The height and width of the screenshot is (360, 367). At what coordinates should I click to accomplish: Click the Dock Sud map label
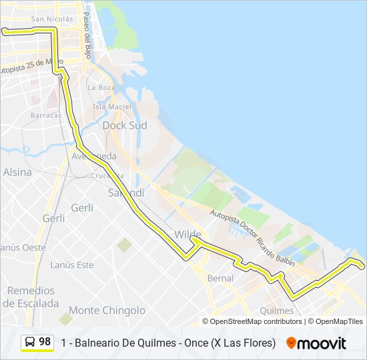(x=124, y=125)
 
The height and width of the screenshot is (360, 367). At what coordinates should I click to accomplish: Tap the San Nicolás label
(x=52, y=19)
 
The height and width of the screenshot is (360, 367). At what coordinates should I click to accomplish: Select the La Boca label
(x=101, y=87)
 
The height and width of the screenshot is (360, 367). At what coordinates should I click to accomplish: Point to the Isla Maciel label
(x=111, y=107)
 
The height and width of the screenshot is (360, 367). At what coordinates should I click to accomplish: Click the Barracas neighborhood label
(x=45, y=115)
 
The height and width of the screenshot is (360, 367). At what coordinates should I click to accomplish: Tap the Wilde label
(x=188, y=235)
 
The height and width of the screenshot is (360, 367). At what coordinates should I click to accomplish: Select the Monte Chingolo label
(x=107, y=310)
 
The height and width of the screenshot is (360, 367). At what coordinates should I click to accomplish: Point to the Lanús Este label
(x=72, y=265)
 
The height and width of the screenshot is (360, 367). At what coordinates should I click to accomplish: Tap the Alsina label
(x=17, y=172)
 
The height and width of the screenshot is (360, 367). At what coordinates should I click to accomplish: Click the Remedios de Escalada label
(x=31, y=297)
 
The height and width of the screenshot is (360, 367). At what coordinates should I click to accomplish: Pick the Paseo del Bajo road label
(x=87, y=31)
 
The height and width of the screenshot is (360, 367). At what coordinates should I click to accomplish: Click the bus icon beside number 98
(x=30, y=342)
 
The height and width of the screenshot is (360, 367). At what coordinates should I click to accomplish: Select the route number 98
(x=45, y=342)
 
